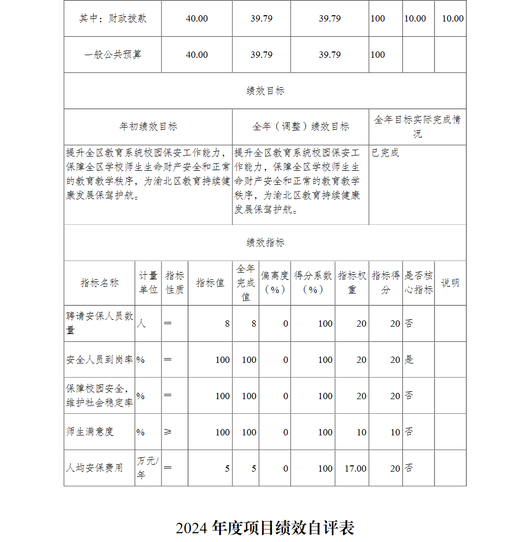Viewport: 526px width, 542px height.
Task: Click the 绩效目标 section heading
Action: [x=265, y=91]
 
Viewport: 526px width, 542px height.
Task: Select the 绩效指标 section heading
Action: [x=265, y=243]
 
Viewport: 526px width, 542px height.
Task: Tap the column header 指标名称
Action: [x=99, y=283]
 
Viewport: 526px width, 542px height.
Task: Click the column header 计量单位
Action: [x=148, y=283]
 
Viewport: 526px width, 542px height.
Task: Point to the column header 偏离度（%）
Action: [x=275, y=283]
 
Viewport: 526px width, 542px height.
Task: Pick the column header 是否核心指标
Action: [x=418, y=283]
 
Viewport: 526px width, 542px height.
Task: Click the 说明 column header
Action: [x=450, y=283]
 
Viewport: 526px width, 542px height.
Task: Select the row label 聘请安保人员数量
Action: [x=99, y=323]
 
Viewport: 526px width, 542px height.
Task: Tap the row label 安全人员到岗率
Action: [x=99, y=360]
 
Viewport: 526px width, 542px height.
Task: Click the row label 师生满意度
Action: [x=89, y=432]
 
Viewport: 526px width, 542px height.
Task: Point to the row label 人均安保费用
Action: [x=94, y=468]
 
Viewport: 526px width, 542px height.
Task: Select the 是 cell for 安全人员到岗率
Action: [x=409, y=360]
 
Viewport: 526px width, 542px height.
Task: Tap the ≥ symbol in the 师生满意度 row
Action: [x=168, y=432]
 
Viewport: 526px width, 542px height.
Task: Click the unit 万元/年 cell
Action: [x=148, y=468]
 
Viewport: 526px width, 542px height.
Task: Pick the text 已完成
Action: [x=385, y=153]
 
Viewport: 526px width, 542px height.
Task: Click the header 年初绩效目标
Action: [x=148, y=127]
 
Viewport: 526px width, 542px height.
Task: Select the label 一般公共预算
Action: [x=113, y=55]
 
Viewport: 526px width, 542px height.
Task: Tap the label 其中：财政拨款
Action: [x=113, y=18]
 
